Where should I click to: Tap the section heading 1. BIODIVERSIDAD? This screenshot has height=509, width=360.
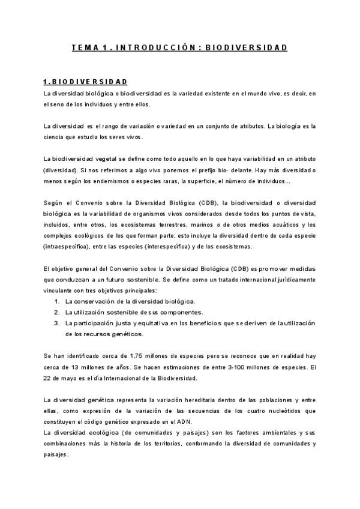click(85, 82)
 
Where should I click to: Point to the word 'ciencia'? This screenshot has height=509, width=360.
click(54, 137)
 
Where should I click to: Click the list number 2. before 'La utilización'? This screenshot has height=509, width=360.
click(56, 312)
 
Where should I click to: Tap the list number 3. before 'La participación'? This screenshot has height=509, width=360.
click(56, 323)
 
